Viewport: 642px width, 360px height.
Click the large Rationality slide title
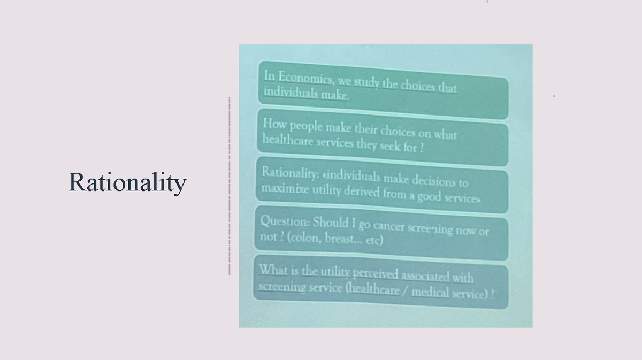pos(127,183)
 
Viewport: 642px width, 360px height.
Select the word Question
pos(284,221)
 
